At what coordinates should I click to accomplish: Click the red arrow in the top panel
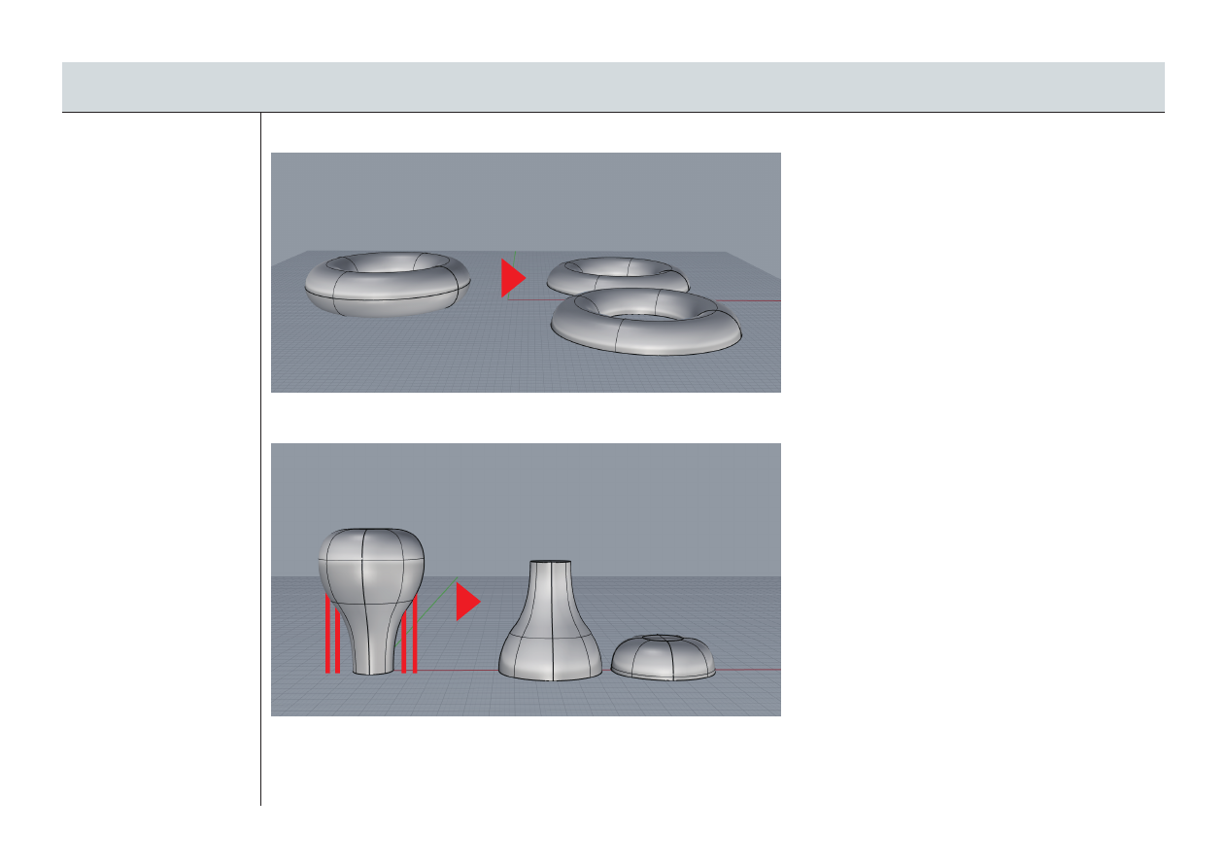pos(511,278)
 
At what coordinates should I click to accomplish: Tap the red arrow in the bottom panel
pos(466,602)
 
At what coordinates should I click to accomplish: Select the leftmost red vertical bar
pos(327,636)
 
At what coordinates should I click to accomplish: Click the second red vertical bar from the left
pos(337,642)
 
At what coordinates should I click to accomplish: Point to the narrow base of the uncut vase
pos(374,661)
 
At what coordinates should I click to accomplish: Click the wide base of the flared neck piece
pos(551,661)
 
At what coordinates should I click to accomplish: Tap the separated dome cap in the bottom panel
pos(665,659)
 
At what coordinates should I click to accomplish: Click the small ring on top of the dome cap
pos(665,638)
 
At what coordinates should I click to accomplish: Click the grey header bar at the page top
pos(613,87)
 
